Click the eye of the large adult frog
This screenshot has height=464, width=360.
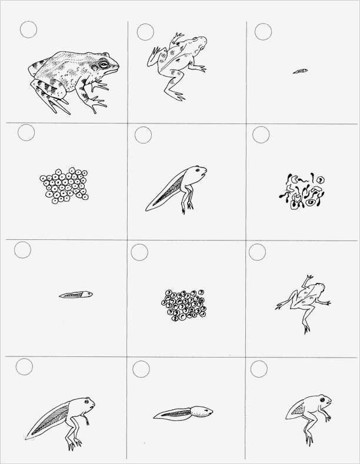point(104,63)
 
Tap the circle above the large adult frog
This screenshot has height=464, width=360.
point(28,29)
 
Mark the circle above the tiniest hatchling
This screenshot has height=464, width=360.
point(262,31)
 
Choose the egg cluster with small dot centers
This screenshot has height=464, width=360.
point(64,186)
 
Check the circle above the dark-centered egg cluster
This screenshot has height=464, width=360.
point(139,253)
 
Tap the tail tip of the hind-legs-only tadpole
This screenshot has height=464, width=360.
point(148,209)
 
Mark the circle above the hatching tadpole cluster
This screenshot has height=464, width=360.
point(261,135)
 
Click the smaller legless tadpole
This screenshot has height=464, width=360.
point(76,294)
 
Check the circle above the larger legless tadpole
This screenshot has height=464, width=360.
point(141,369)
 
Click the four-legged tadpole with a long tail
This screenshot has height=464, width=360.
point(62,418)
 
